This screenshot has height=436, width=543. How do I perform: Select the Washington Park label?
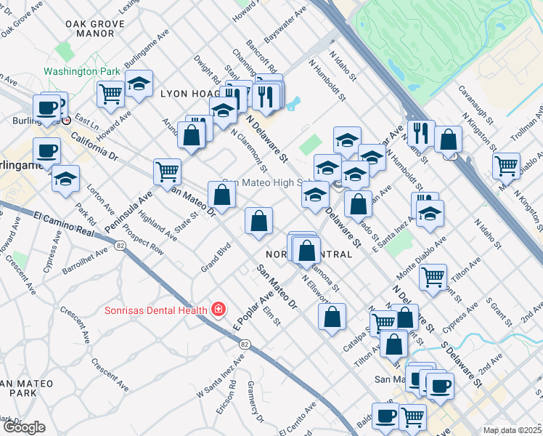tap(81, 72)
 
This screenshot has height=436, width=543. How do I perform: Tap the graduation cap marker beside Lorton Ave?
tap(65, 177)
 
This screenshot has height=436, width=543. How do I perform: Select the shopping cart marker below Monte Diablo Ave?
tap(433, 276)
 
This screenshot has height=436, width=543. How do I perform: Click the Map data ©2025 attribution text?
tap(512, 430)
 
